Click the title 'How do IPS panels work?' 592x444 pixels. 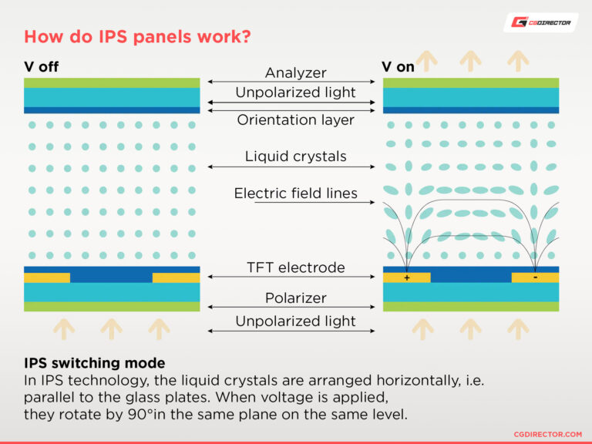[137, 36]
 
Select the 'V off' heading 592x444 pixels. [42, 67]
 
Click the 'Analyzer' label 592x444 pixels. [296, 72]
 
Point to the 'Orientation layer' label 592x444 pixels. [296, 119]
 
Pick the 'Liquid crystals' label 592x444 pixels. [296, 156]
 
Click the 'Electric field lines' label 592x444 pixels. [296, 193]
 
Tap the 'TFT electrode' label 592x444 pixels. [296, 267]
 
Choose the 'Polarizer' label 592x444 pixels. [296, 298]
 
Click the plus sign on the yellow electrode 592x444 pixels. [406, 277]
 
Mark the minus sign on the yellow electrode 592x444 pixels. [535, 277]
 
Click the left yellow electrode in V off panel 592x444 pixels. [47, 277]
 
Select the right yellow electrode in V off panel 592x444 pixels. [176, 277]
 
